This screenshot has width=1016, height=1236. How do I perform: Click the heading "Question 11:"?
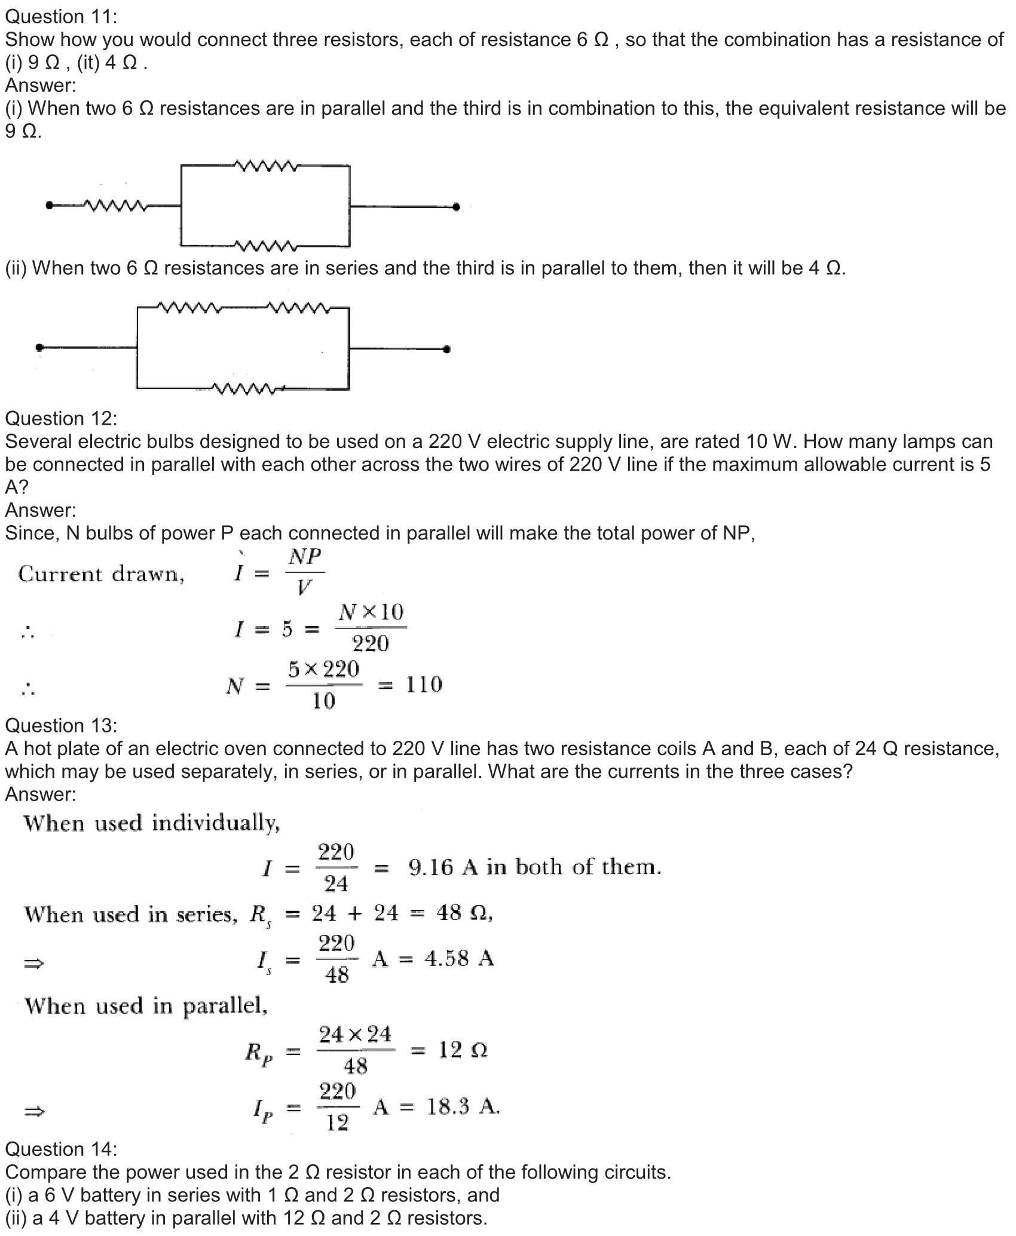pyautogui.click(x=62, y=17)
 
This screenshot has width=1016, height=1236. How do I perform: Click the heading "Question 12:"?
pyautogui.click(x=62, y=419)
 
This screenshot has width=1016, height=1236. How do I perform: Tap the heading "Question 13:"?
pyautogui.click(x=62, y=726)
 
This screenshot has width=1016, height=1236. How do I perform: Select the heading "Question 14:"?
pyautogui.click(x=62, y=1149)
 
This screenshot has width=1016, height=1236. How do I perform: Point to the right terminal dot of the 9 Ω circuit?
pyautogui.click(x=457, y=207)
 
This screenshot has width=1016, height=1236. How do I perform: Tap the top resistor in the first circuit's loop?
pyautogui.click(x=266, y=165)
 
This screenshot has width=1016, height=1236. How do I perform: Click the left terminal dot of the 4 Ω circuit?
pyautogui.click(x=39, y=347)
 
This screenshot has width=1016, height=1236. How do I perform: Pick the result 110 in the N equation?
pyautogui.click(x=424, y=685)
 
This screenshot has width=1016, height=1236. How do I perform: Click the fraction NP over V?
pyautogui.click(x=305, y=572)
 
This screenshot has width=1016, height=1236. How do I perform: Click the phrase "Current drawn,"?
pyautogui.click(x=102, y=574)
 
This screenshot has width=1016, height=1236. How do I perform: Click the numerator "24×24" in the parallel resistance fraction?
pyautogui.click(x=355, y=1034)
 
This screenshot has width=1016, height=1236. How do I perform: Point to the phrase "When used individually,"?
pyautogui.click(x=152, y=824)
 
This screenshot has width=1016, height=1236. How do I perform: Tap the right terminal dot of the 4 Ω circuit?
pyautogui.click(x=446, y=349)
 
